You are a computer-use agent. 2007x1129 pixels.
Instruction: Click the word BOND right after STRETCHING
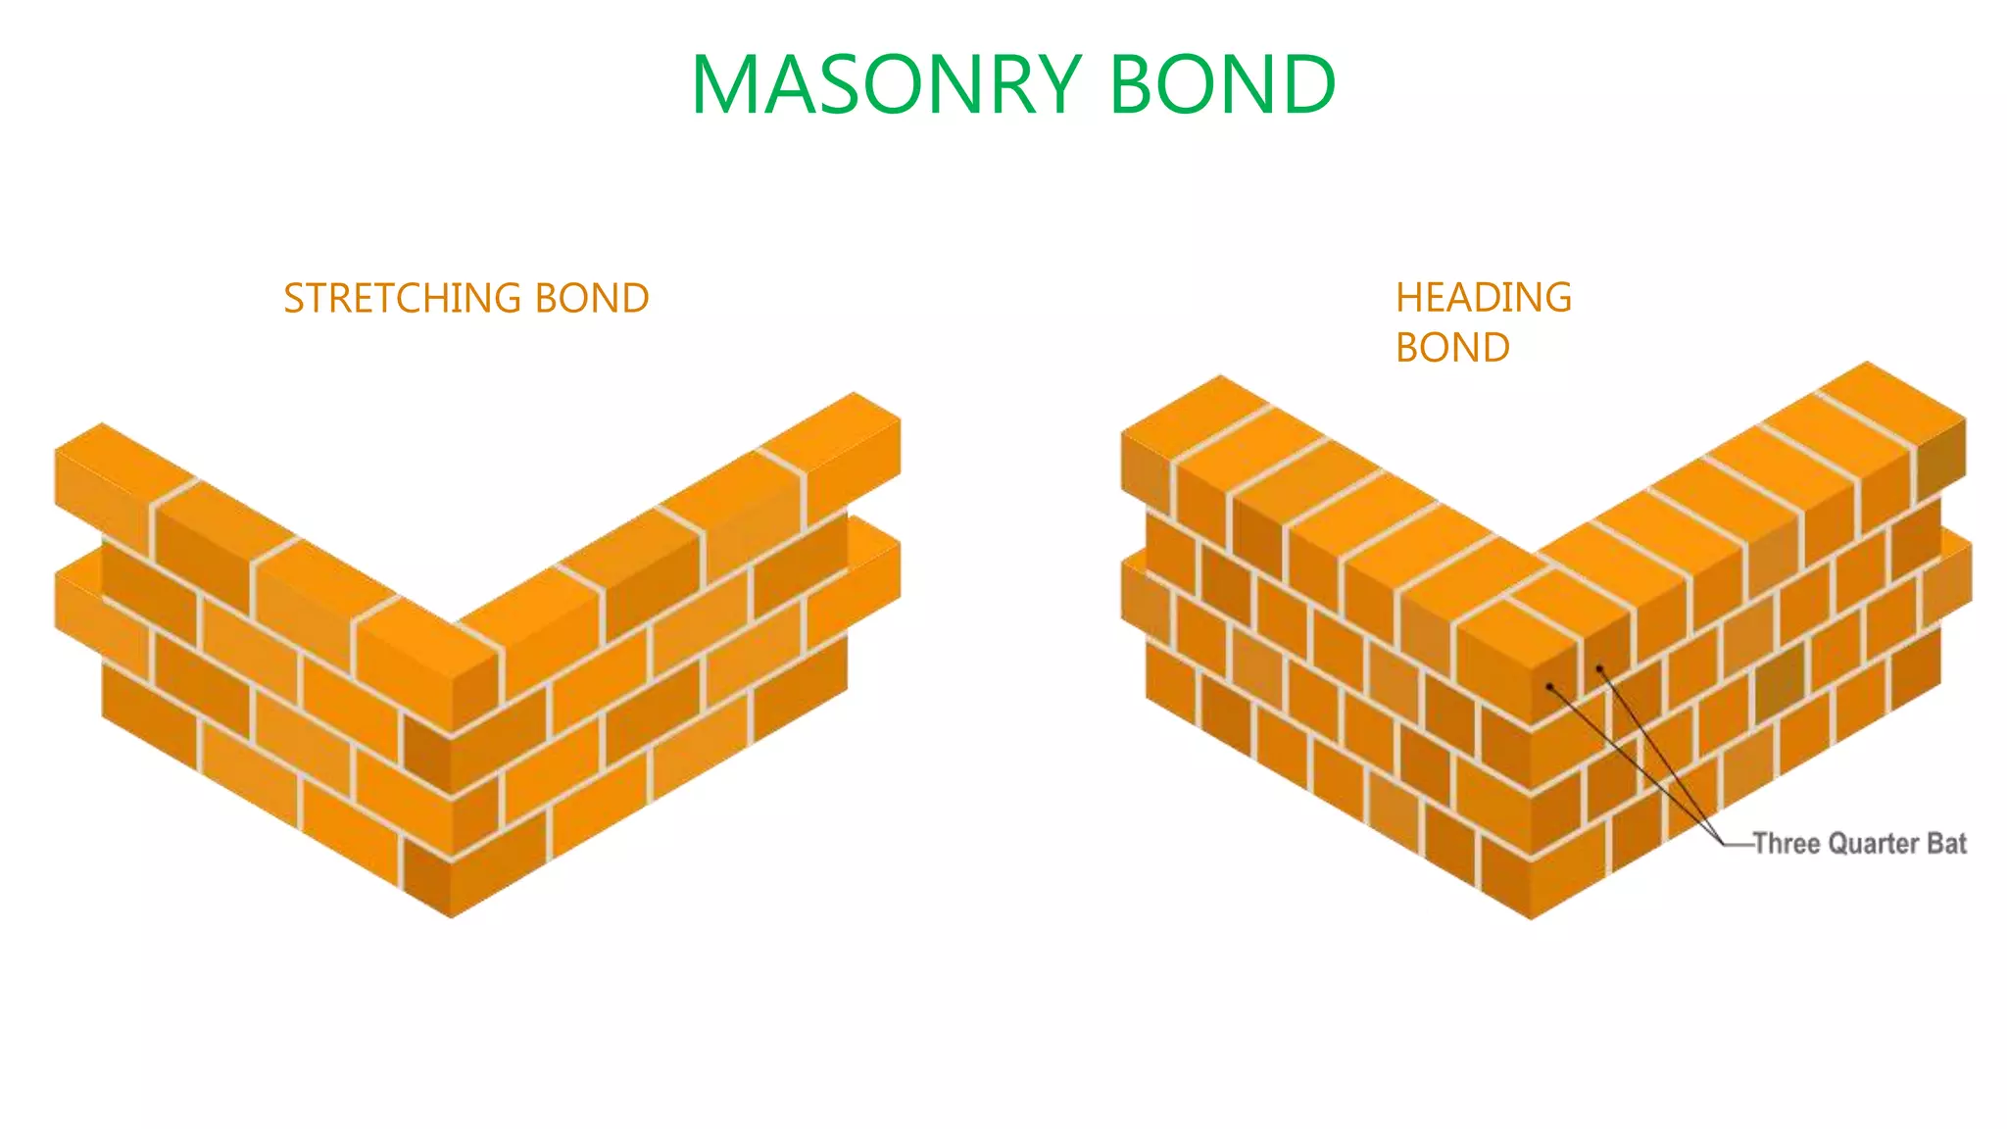point(592,298)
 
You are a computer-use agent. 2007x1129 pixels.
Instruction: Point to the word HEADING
point(1483,297)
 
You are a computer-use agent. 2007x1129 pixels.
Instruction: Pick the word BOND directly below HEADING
point(1452,347)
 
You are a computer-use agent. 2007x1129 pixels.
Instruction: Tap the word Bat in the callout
point(1946,844)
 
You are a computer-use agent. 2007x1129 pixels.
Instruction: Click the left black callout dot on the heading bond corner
point(1549,687)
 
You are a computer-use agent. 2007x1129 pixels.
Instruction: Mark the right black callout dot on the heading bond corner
point(1599,668)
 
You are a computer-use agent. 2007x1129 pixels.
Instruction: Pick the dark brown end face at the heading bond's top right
point(1940,465)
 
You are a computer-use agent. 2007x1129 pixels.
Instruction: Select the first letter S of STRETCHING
point(292,298)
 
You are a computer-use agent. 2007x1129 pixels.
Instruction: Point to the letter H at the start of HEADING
point(1407,297)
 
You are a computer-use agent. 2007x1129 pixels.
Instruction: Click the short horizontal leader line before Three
point(1738,844)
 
